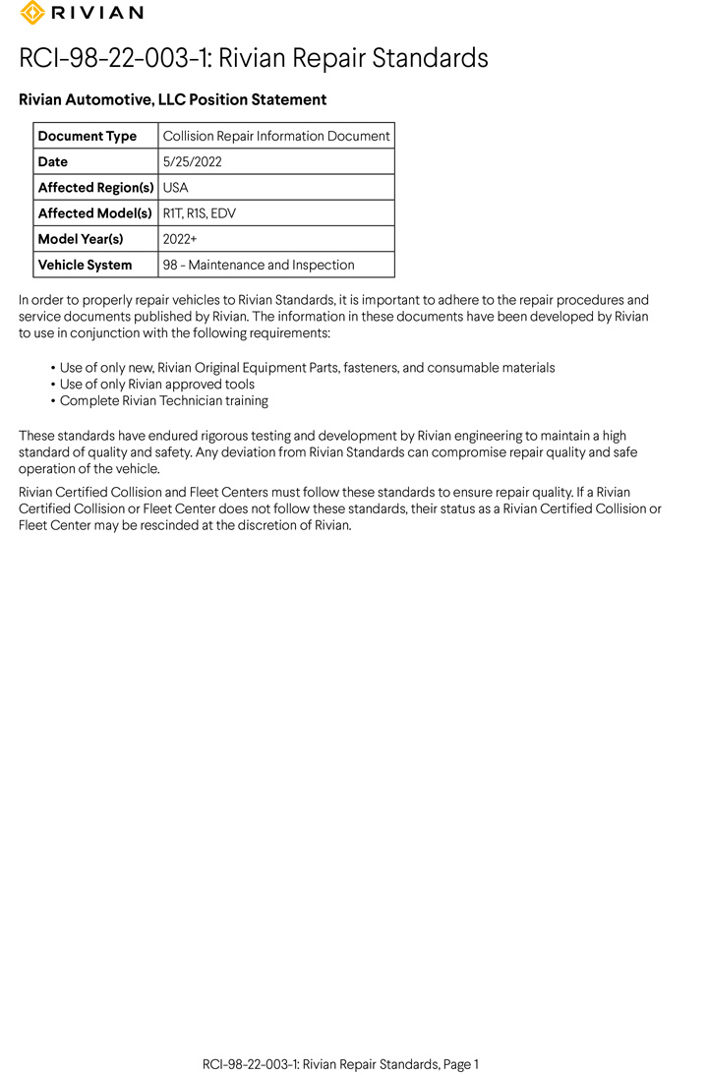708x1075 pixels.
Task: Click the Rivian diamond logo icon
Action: (x=32, y=13)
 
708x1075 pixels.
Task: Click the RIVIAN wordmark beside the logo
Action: (x=95, y=13)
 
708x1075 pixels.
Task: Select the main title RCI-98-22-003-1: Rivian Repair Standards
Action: (x=253, y=58)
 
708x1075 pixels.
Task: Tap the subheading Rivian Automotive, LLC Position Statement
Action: (x=172, y=99)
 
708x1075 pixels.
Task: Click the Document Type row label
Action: (x=87, y=136)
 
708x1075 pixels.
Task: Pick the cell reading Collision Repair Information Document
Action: (x=276, y=136)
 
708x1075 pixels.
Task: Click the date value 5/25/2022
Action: (x=193, y=161)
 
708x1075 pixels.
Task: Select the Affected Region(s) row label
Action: (x=95, y=187)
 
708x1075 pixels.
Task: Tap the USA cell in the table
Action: (x=176, y=187)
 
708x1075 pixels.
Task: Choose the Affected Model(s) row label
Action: (x=94, y=212)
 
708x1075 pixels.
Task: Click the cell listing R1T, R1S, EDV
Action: (x=200, y=212)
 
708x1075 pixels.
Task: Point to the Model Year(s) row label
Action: (x=81, y=239)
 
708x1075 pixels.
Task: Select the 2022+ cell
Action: (x=180, y=239)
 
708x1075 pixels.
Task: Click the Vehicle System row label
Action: (x=85, y=265)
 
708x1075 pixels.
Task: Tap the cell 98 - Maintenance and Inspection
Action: (x=259, y=265)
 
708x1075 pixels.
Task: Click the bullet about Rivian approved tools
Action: (x=156, y=384)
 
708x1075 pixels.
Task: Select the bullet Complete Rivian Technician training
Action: (x=163, y=400)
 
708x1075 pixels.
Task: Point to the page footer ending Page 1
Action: (x=340, y=1064)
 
